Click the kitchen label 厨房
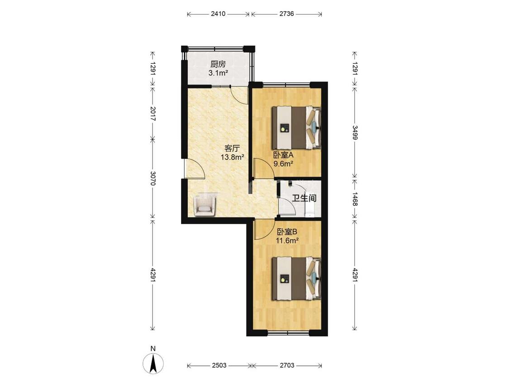pyautogui.click(x=218, y=64)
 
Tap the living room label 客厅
pyautogui.click(x=232, y=148)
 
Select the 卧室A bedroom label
pyautogui.click(x=283, y=155)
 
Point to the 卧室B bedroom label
pyautogui.click(x=287, y=232)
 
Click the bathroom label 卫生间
pyautogui.click(x=304, y=197)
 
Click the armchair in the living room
pyautogui.click(x=204, y=205)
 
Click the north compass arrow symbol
pyautogui.click(x=153, y=363)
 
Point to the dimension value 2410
pyautogui.click(x=218, y=14)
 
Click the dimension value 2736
pyautogui.click(x=287, y=14)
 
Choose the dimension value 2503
pyautogui.click(x=219, y=365)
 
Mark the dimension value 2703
pyautogui.click(x=287, y=365)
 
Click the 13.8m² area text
pyautogui.click(x=233, y=158)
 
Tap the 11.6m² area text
pyautogui.click(x=287, y=241)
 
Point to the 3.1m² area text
pyautogui.click(x=218, y=73)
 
